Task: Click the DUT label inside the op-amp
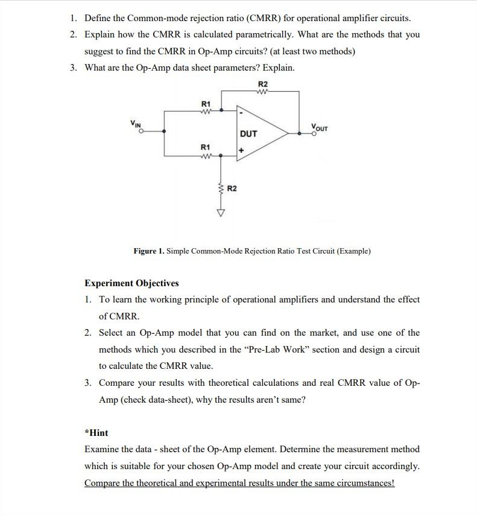point(248,133)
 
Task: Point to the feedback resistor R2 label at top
point(263,83)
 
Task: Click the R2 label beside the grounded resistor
point(232,188)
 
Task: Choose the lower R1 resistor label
point(206,147)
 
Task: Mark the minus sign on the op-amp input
point(241,112)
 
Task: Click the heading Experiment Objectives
point(131,283)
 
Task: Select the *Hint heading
point(96,432)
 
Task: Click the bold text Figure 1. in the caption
point(148,251)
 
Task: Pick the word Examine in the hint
point(102,449)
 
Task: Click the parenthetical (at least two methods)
point(303,51)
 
